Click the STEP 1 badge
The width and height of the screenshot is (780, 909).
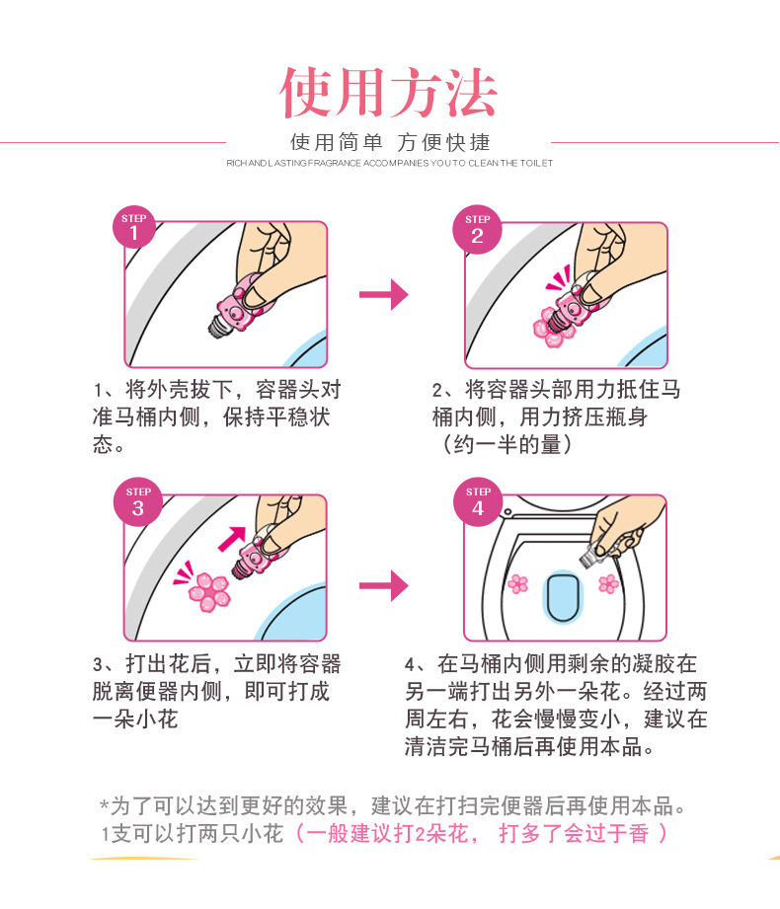(134, 227)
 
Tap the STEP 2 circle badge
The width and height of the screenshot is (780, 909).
(477, 229)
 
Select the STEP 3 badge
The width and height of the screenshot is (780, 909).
(138, 502)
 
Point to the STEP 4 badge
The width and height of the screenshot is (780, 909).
(478, 502)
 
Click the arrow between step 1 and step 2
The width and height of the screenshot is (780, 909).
(384, 294)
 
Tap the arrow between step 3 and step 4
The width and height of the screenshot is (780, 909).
(384, 585)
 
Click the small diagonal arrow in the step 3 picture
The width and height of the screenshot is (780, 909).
(232, 539)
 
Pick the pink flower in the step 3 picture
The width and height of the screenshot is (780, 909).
(208, 591)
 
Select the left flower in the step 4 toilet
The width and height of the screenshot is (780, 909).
(518, 583)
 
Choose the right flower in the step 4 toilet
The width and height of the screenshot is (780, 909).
(608, 583)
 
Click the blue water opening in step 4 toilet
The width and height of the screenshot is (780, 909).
(562, 597)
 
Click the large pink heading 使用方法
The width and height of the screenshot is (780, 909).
(389, 93)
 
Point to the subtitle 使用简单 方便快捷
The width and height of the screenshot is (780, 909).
(390, 142)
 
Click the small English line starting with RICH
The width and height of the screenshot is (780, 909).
(390, 164)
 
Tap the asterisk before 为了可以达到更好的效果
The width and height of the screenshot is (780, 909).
(105, 805)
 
